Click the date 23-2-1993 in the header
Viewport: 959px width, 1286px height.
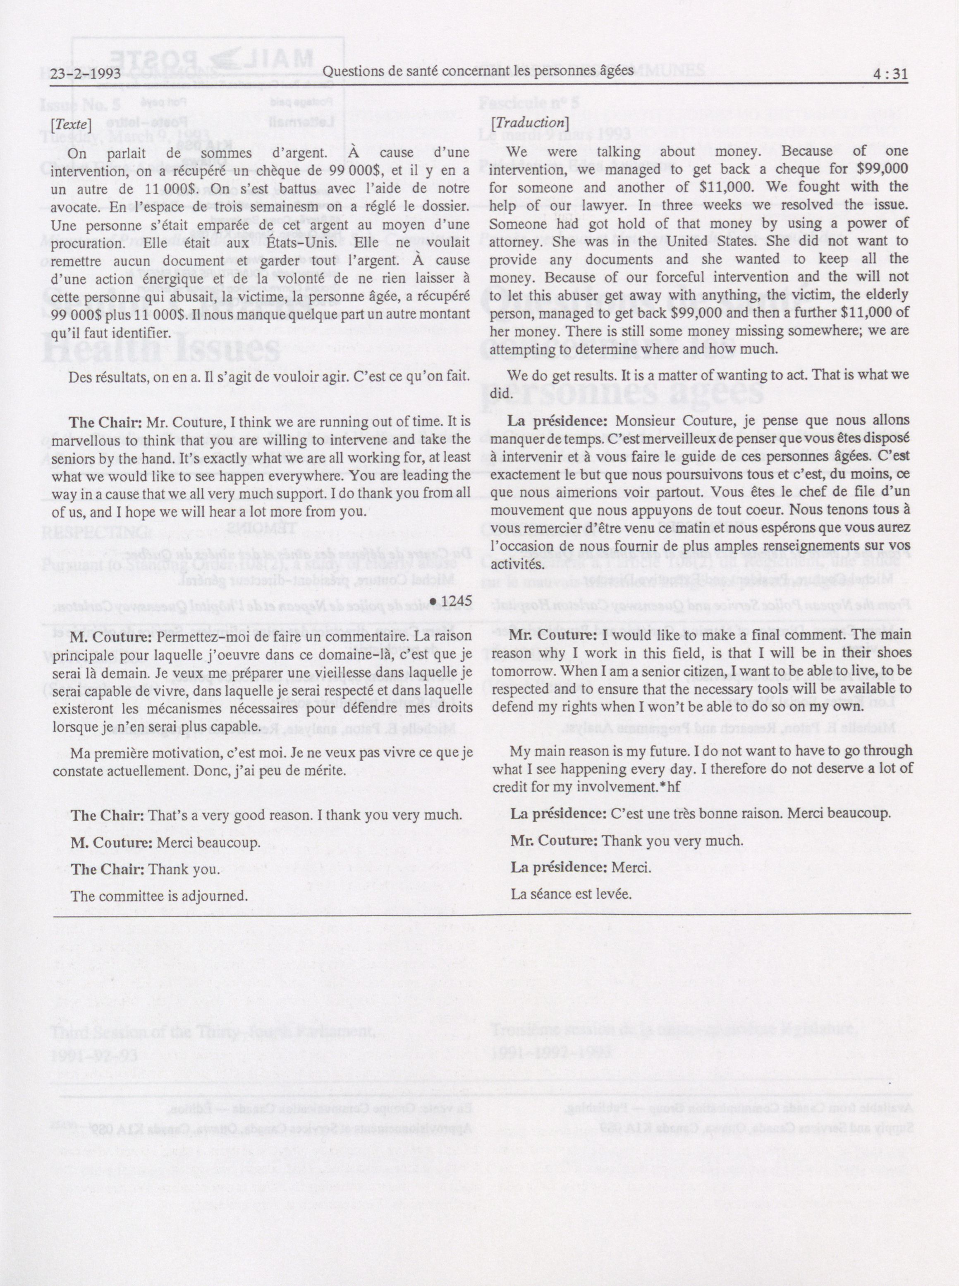(85, 74)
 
